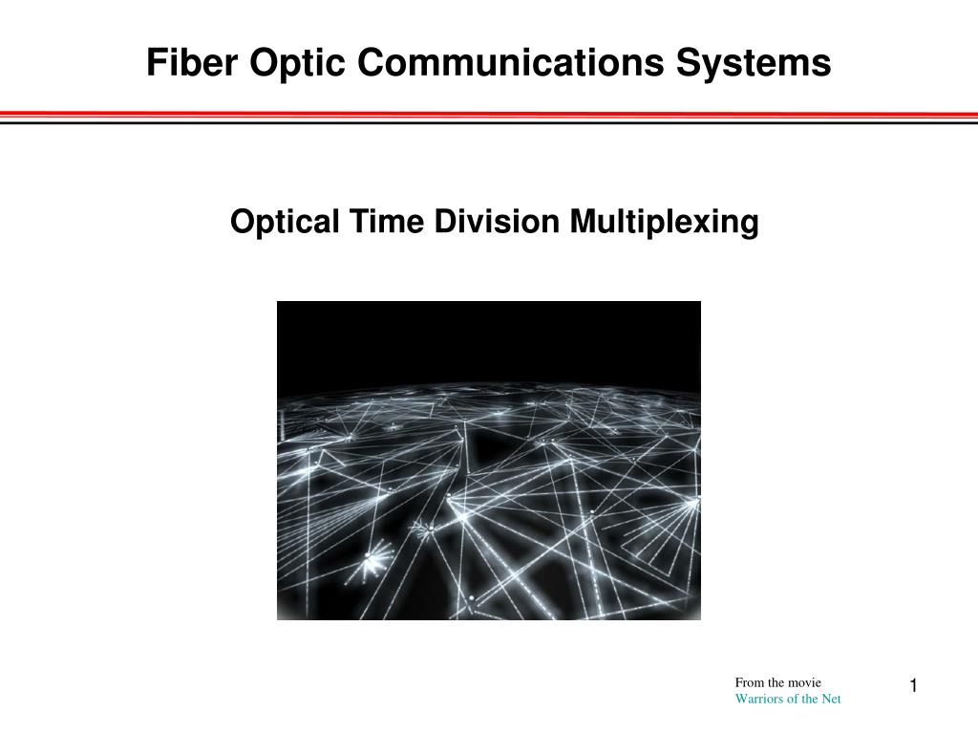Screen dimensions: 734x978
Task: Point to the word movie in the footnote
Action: point(804,682)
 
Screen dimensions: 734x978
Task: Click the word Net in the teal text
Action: point(832,699)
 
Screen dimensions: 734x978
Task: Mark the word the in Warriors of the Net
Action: point(809,699)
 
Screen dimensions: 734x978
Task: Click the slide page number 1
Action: point(913,685)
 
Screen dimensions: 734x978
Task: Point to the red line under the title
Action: point(489,114)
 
